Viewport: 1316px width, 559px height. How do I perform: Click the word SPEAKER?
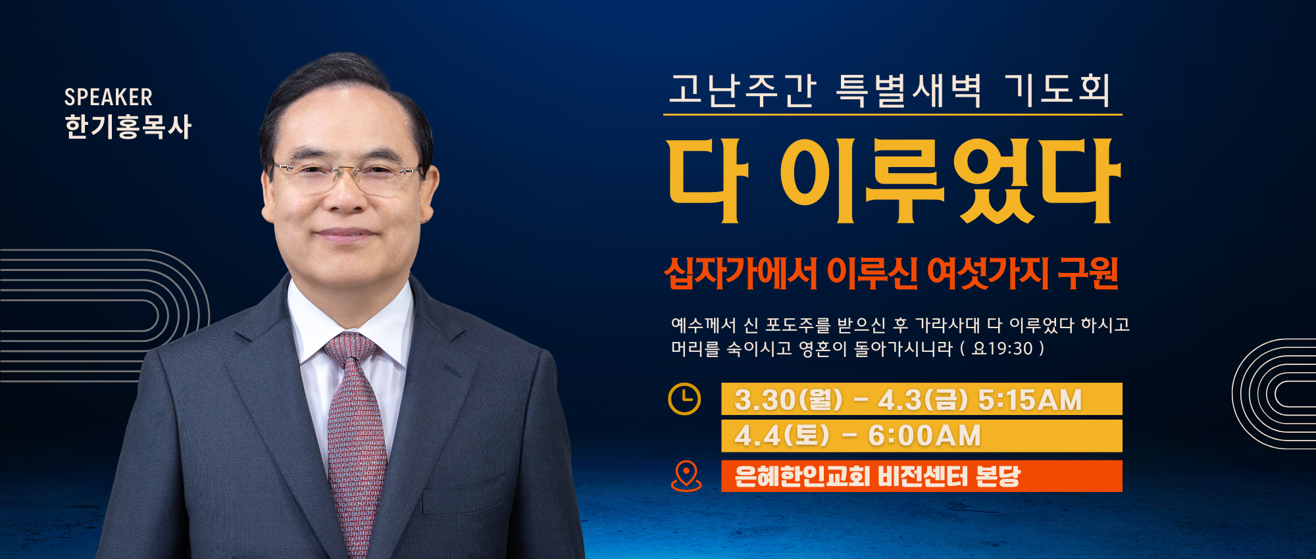point(109,97)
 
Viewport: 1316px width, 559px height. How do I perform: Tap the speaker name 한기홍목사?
point(128,127)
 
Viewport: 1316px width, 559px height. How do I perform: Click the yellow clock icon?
point(684,399)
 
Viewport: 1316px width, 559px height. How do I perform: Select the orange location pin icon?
point(686,475)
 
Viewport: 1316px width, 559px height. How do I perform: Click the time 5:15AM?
point(1030,400)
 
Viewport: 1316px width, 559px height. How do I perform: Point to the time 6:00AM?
point(924,435)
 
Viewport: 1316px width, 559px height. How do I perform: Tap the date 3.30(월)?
point(788,400)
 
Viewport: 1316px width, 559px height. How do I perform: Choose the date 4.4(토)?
point(782,435)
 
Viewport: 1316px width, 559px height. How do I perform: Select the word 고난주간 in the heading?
point(743,90)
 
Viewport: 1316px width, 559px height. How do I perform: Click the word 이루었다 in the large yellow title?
point(950,181)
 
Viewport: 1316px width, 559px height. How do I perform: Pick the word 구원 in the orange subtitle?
point(1088,273)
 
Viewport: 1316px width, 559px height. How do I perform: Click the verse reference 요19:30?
point(1002,348)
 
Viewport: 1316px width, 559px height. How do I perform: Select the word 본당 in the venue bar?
point(998,476)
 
